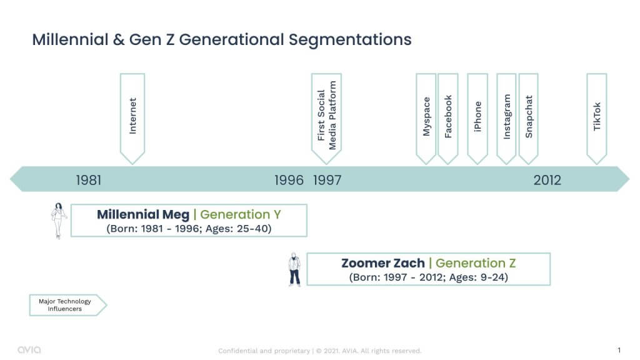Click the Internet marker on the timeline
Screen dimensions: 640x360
click(x=132, y=118)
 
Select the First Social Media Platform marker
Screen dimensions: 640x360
click(x=326, y=118)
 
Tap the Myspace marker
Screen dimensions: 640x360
click(x=426, y=118)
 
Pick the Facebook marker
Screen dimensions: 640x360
click(x=447, y=118)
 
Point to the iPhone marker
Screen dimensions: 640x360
click(x=477, y=118)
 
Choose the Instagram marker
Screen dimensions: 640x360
click(x=506, y=118)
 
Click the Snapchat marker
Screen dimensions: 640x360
click(x=529, y=118)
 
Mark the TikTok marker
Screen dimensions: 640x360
click(x=597, y=118)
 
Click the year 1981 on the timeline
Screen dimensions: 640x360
click(x=89, y=180)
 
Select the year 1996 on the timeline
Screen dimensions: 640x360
click(x=289, y=180)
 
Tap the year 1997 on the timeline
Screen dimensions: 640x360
click(x=327, y=180)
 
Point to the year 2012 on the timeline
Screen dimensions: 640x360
click(x=547, y=180)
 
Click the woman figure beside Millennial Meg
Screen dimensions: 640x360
click(x=59, y=221)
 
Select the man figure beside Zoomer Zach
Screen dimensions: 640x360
click(x=294, y=269)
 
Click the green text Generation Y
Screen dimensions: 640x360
click(x=241, y=215)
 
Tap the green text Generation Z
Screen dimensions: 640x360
click(x=476, y=263)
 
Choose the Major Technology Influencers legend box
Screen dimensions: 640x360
click(x=67, y=305)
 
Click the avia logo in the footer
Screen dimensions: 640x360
click(x=29, y=350)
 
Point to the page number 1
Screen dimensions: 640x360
click(x=619, y=350)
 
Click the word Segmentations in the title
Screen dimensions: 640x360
click(x=350, y=40)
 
